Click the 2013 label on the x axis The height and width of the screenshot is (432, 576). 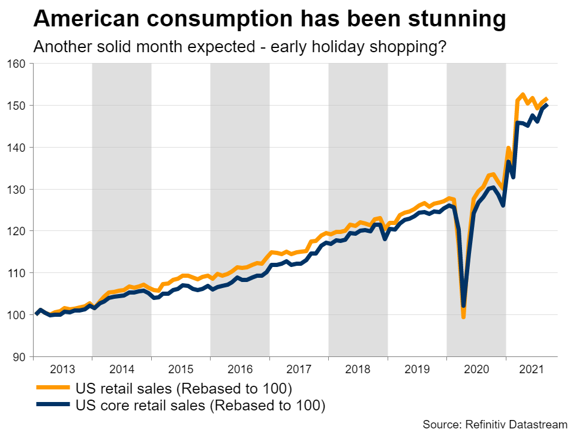click(x=62, y=368)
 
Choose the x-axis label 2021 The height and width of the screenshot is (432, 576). click(x=531, y=368)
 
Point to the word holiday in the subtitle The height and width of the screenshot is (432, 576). click(x=343, y=47)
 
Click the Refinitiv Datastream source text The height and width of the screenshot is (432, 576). click(x=494, y=424)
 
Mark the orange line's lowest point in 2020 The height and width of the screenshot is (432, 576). click(x=463, y=316)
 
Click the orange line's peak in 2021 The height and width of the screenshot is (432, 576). click(x=523, y=95)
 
